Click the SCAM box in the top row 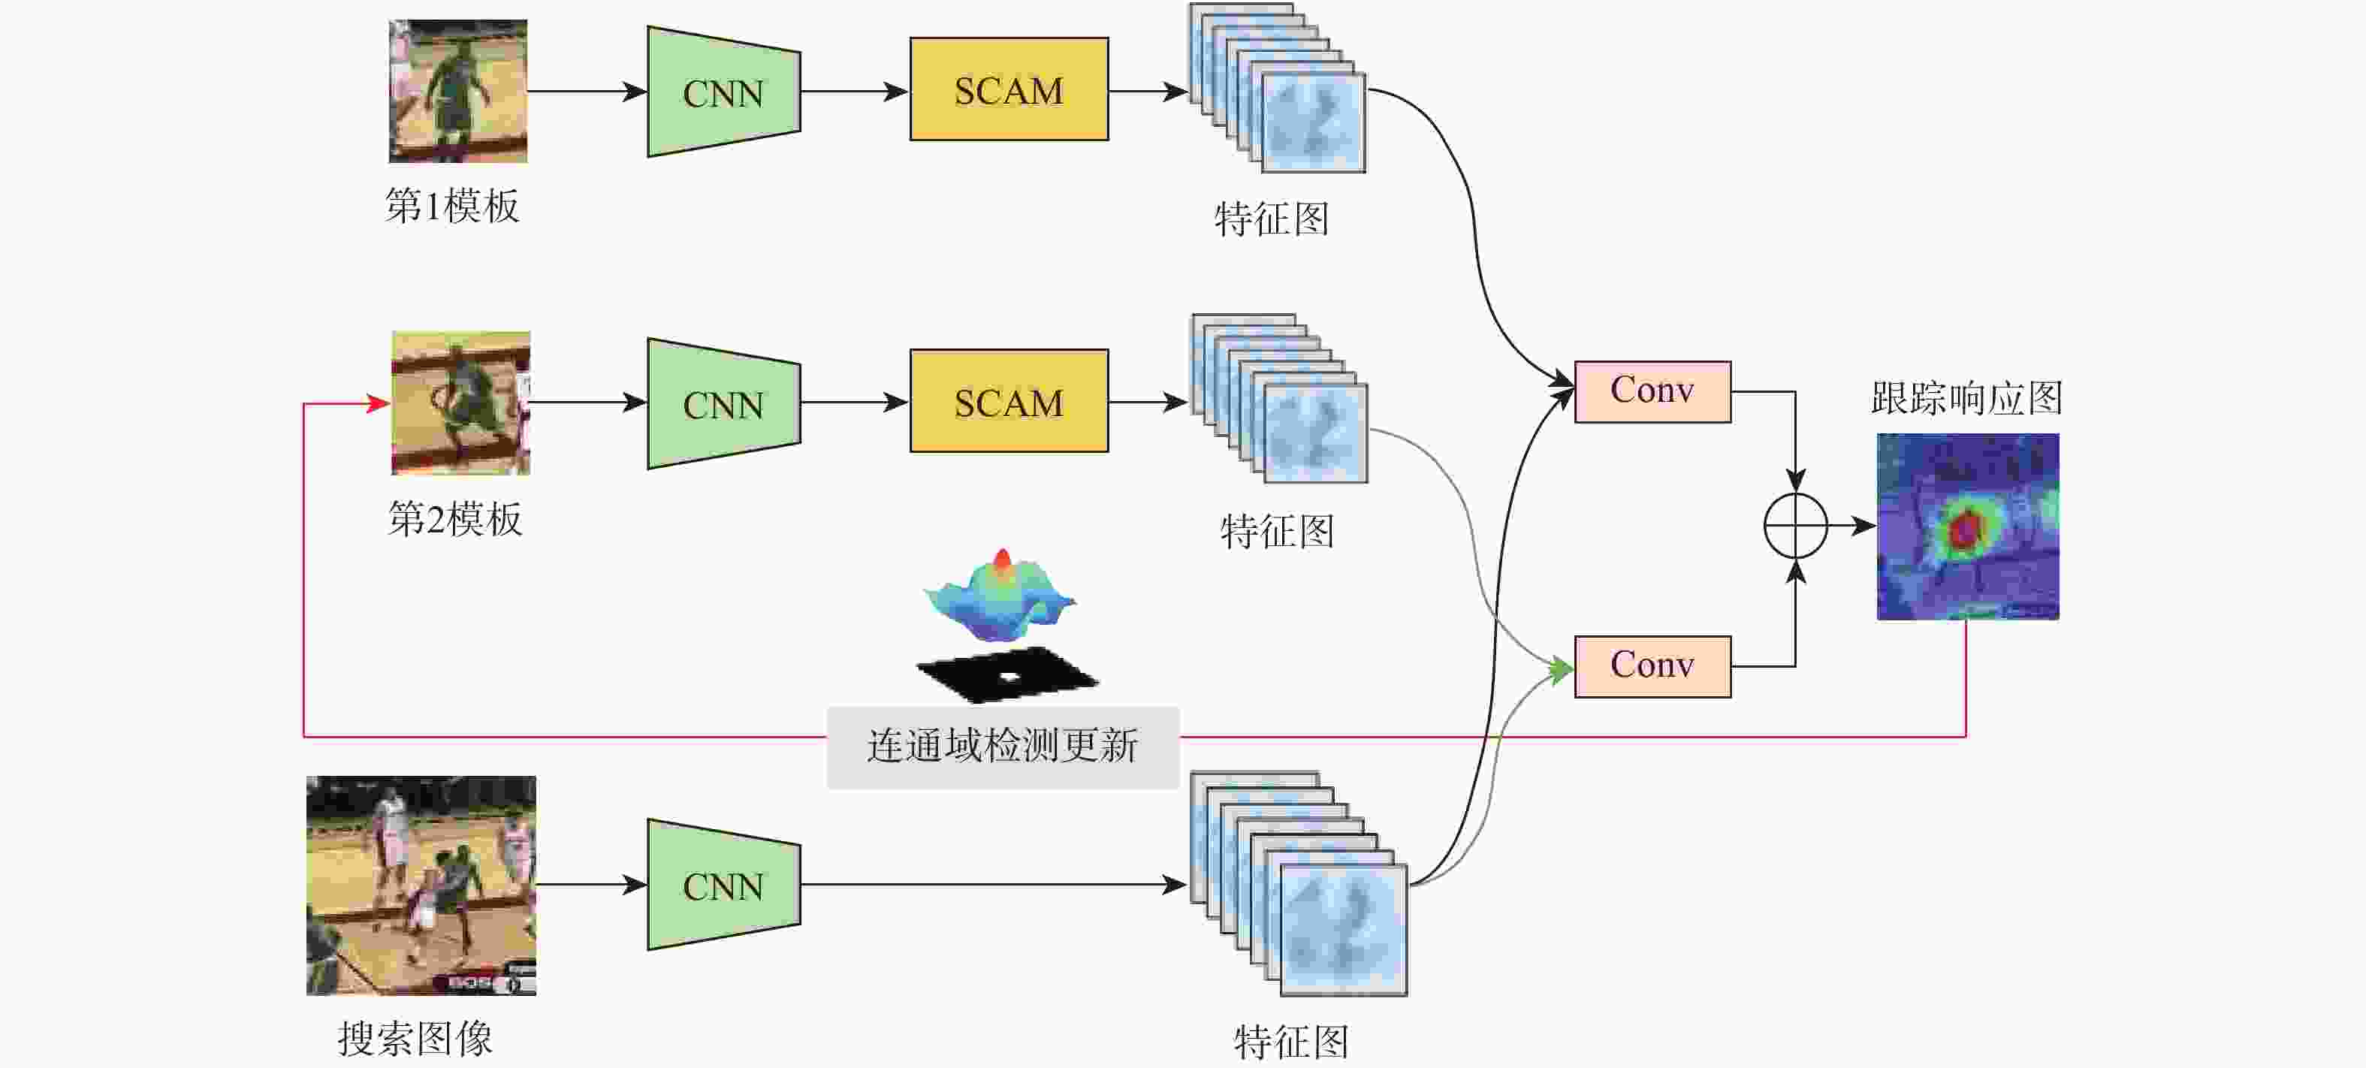pyautogui.click(x=1009, y=90)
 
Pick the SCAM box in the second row pyautogui.click(x=1009, y=401)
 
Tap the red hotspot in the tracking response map pyautogui.click(x=1963, y=528)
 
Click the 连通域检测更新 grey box pyautogui.click(x=1002, y=746)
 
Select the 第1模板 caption pyautogui.click(x=452, y=206)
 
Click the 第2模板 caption pyautogui.click(x=454, y=519)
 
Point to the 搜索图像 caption pyautogui.click(x=415, y=1039)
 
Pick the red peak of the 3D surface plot pyautogui.click(x=1002, y=558)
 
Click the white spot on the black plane pyautogui.click(x=1009, y=677)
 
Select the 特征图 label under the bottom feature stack pyautogui.click(x=1290, y=1042)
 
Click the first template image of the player pyautogui.click(x=457, y=91)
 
